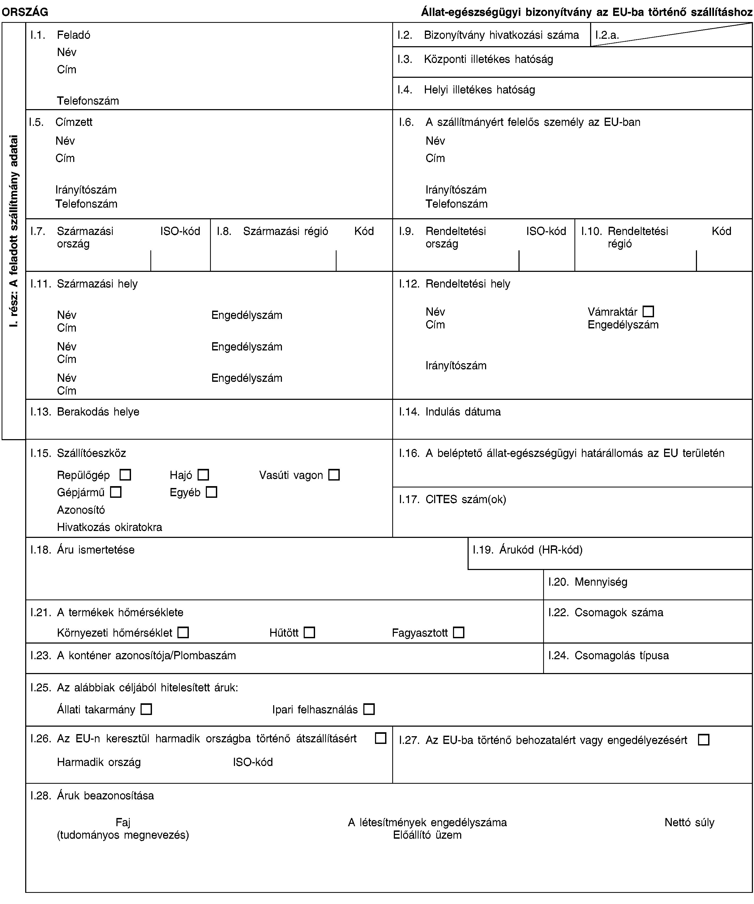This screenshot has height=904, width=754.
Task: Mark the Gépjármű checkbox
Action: pos(116,492)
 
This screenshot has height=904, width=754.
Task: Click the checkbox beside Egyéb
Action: pos(211,492)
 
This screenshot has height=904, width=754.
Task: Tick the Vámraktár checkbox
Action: pos(648,311)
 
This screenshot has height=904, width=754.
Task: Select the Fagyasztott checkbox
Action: pos(459,632)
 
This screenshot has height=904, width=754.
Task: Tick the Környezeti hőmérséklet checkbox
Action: pos(183,632)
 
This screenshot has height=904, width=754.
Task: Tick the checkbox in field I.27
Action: pos(703,740)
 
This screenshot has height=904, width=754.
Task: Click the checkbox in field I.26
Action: pos(380,738)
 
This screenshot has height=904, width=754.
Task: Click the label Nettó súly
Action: pos(689,822)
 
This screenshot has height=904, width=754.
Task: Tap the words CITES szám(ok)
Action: pos(465,499)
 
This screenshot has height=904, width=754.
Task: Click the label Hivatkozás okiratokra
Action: pos(110,527)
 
